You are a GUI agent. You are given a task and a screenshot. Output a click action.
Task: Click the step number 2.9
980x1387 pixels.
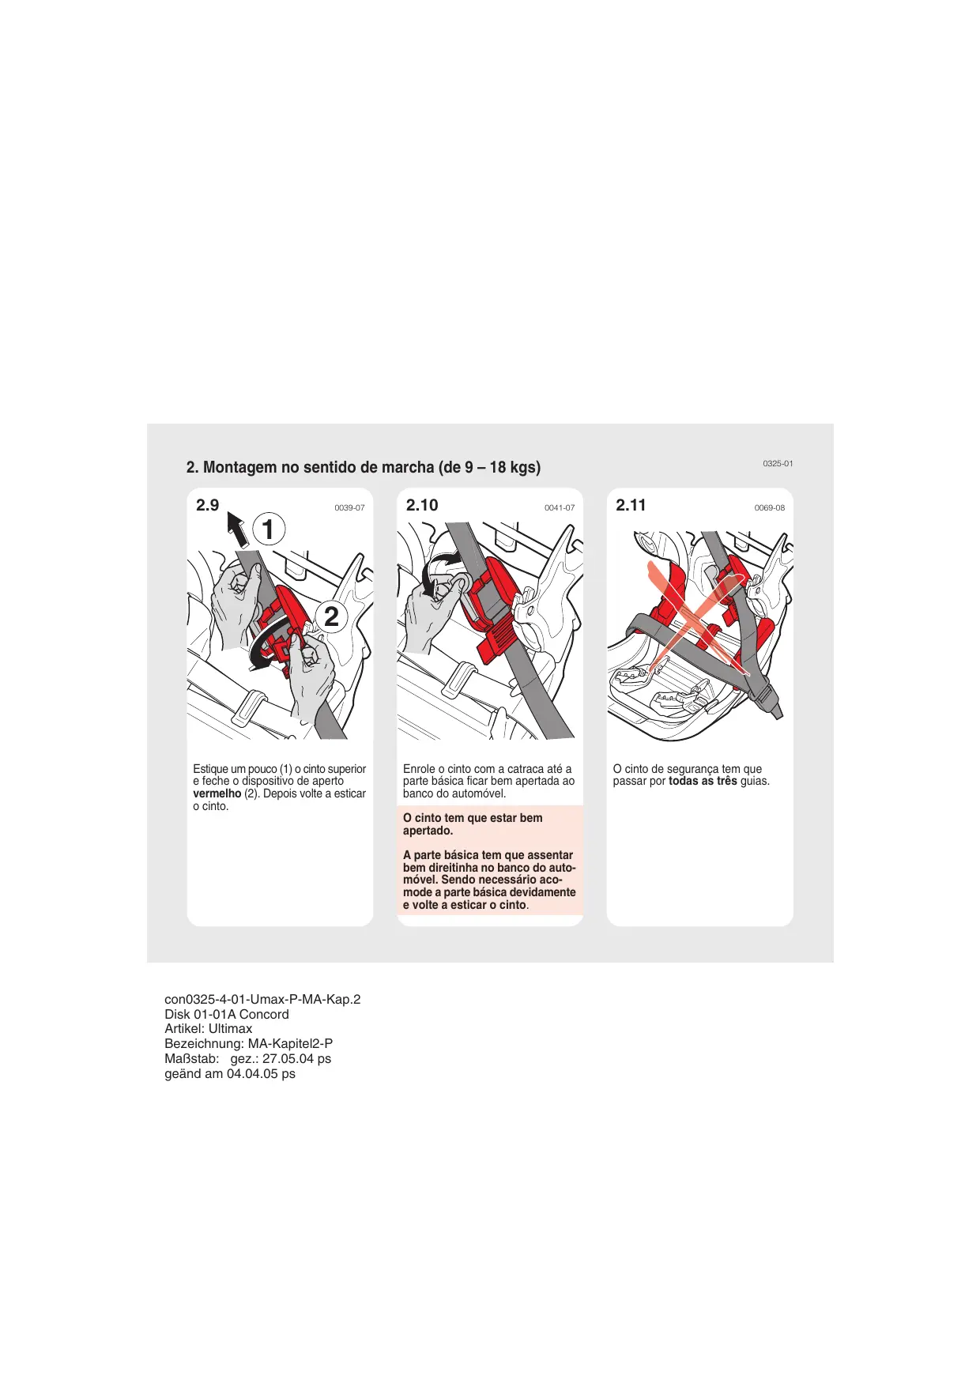[x=207, y=506]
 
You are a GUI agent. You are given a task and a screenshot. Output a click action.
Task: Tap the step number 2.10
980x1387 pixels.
[x=421, y=506]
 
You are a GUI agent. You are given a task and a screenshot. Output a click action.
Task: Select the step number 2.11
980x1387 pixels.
[x=631, y=506]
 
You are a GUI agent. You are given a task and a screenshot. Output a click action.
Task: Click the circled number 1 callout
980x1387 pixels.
[x=268, y=530]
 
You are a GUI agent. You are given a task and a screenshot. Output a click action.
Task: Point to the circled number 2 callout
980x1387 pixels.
[x=331, y=616]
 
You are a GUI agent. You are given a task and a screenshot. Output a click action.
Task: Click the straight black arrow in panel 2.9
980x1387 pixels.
[x=237, y=529]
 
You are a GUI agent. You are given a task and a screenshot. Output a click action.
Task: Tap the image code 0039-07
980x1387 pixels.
[x=349, y=508]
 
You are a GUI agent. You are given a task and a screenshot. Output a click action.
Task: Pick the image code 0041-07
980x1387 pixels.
[x=560, y=508]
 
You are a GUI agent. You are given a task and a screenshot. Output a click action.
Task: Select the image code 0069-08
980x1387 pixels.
[x=769, y=508]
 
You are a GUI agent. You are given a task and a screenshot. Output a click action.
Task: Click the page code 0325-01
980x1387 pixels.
[x=778, y=464]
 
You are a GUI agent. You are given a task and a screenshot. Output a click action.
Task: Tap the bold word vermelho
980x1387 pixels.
[x=217, y=793]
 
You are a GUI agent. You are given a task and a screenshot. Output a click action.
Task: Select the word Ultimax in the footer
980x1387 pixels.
[x=230, y=1029]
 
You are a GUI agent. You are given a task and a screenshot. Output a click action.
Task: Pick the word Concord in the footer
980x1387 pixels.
[x=264, y=1015]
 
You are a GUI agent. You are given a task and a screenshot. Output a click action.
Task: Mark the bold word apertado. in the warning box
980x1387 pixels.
[x=428, y=831]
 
